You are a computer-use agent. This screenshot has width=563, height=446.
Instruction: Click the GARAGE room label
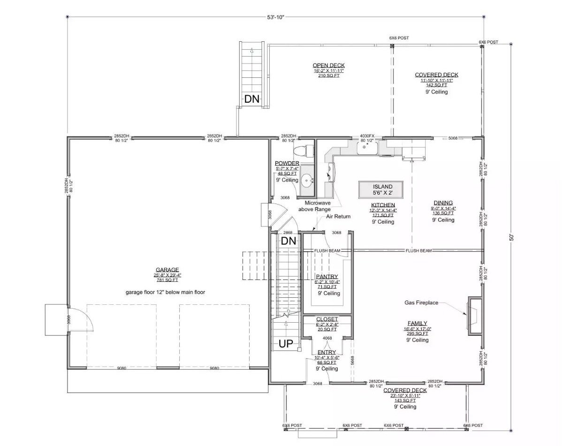[167, 270]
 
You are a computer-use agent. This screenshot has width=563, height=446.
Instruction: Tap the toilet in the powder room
[299, 151]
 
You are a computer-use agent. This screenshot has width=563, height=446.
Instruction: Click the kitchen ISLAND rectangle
[382, 190]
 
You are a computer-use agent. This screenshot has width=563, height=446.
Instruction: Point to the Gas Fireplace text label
[421, 303]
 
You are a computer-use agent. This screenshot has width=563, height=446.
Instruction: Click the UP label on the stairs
[286, 344]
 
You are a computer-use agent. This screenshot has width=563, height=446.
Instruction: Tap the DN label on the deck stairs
[251, 99]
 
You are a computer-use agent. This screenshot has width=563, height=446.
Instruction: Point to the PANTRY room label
[327, 277]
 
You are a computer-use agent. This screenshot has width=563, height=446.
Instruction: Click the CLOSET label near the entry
[327, 319]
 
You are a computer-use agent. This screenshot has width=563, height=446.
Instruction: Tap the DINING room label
[443, 203]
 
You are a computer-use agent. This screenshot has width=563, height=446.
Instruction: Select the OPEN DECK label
[328, 65]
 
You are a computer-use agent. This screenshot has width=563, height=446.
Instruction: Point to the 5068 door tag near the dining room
[453, 138]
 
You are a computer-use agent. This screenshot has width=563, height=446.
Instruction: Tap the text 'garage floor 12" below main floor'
[165, 292]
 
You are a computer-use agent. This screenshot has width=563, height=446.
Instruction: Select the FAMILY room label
[417, 323]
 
